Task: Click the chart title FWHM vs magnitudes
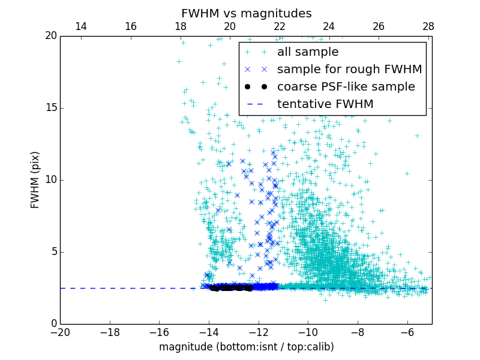(246, 13)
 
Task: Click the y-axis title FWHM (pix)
(35, 180)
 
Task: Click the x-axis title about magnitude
(246, 347)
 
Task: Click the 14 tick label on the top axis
(80, 26)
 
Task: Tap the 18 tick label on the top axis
(180, 26)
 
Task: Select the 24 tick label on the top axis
(329, 26)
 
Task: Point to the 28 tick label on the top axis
(428, 26)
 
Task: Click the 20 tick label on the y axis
(50, 36)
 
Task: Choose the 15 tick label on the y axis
(50, 108)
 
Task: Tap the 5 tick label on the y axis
(53, 252)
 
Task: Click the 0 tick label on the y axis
(53, 324)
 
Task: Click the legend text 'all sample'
(308, 52)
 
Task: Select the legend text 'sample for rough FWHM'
(349, 70)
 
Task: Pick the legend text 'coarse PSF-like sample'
(346, 87)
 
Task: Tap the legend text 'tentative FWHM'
(325, 104)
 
